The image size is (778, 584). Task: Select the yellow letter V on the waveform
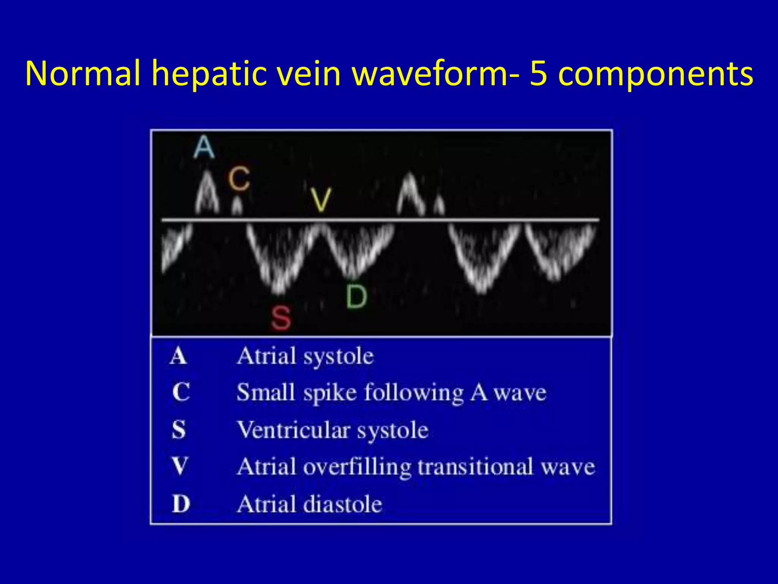point(321,200)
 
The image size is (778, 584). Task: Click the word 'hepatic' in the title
point(209,74)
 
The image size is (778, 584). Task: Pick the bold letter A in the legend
point(179,356)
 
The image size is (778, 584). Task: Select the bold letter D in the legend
point(180,504)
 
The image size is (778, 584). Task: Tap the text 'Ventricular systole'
point(333,430)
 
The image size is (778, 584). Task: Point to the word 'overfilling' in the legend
point(357,467)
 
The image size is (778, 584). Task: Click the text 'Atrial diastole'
point(309,505)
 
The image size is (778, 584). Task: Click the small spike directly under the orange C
point(237,206)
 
